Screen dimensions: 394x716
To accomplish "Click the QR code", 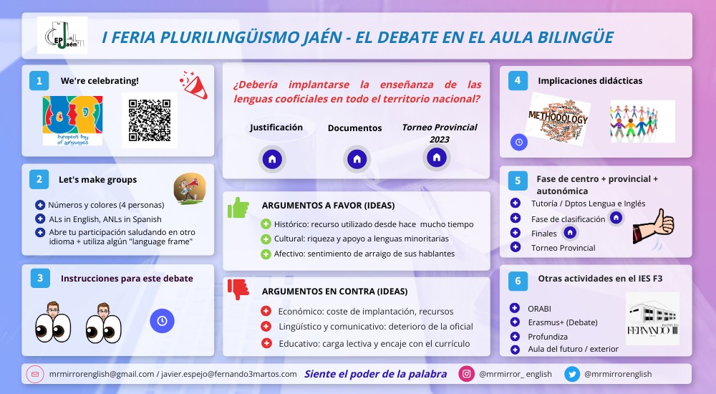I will click(149, 120).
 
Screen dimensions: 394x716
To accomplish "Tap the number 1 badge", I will click(39, 80).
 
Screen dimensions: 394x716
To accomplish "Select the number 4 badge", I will click(518, 80).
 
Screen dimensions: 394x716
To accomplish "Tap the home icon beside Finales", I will click(570, 233).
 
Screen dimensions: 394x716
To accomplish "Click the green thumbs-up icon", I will click(238, 208).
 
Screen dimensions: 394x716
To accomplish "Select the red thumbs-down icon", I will click(238, 289).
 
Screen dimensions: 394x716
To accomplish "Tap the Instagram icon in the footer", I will click(467, 373).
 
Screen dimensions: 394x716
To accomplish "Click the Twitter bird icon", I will click(572, 373).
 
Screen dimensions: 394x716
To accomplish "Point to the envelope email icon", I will click(34, 374).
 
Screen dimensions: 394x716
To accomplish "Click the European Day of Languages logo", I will click(72, 120).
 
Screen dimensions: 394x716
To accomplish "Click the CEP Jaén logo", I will click(63, 36).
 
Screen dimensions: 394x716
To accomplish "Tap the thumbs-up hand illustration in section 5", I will click(653, 229).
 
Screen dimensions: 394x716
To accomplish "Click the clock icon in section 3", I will click(162, 321).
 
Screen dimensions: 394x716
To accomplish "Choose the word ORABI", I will click(539, 309).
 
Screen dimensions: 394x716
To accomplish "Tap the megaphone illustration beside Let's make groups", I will click(189, 188).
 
